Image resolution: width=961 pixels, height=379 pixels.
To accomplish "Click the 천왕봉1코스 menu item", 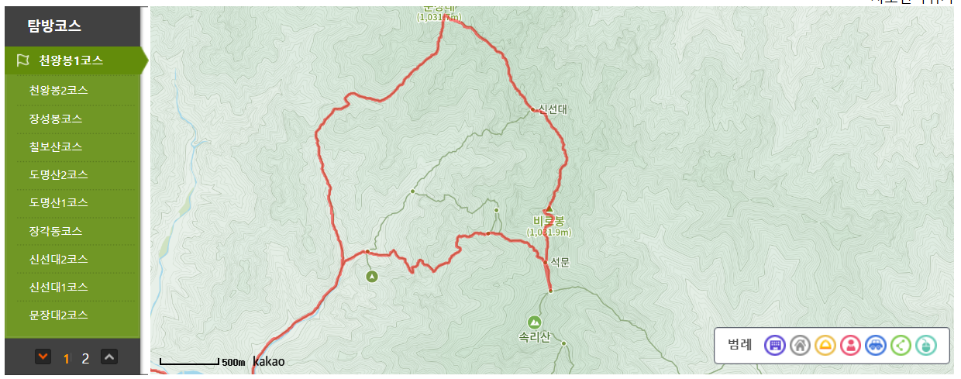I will pos(71,60).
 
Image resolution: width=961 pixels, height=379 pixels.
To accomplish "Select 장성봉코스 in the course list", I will pos(56,119).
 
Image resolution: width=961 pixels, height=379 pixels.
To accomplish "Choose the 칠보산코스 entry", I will pos(56,146).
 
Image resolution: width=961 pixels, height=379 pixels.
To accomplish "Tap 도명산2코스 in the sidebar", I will pos(58,174).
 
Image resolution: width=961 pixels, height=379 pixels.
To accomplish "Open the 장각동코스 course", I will pos(56,231).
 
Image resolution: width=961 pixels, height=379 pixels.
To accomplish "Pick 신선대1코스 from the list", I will pos(58,287).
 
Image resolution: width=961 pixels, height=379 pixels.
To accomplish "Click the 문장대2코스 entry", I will pos(58,315).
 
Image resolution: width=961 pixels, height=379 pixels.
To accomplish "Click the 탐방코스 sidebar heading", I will pos(54,26).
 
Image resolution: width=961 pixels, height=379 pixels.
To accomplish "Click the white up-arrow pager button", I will pos(110,357).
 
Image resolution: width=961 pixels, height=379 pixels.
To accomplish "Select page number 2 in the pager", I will pos(86,358).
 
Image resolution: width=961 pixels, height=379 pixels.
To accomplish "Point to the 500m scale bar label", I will pos(233,362).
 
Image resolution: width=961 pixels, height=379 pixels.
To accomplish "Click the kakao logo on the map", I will pos(268,361).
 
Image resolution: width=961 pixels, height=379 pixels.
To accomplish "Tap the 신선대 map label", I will pos(553,110).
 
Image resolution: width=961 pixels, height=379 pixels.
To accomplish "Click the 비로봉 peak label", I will pos(549,219).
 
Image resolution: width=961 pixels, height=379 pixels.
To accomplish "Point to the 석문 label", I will pos(560,263).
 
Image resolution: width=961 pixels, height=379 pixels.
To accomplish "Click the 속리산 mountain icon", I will pos(534,322).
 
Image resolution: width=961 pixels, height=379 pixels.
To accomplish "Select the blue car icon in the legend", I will pos(875,345).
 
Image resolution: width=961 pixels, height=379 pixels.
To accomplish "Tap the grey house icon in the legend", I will pos(800,345).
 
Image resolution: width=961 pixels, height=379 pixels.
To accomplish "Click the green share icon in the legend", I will pos(901,345).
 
